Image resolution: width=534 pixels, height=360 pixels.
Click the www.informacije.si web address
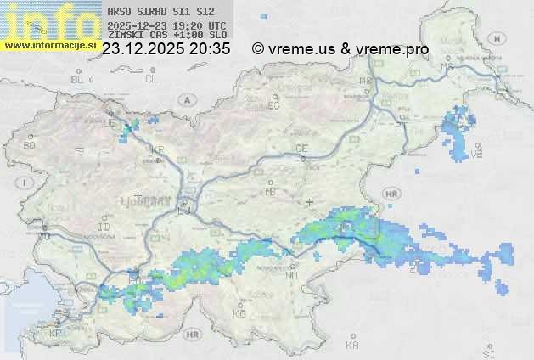(x=49, y=44)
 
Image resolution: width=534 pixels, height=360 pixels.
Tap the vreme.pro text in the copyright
(x=395, y=49)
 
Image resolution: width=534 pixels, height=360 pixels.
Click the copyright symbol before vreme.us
(x=258, y=49)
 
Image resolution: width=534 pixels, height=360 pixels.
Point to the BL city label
(x=78, y=79)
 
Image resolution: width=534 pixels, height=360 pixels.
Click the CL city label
(x=152, y=79)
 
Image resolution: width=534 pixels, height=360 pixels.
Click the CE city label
(x=301, y=148)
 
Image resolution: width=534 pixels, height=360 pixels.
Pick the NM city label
(x=292, y=275)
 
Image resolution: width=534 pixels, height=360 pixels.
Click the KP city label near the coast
(x=55, y=334)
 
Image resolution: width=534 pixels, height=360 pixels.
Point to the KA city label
(x=352, y=346)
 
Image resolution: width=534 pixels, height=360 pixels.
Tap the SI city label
(x=487, y=352)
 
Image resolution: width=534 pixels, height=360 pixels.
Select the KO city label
(x=239, y=313)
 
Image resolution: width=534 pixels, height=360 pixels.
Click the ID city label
(x=104, y=228)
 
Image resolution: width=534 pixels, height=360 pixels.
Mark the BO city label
(x=30, y=145)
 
